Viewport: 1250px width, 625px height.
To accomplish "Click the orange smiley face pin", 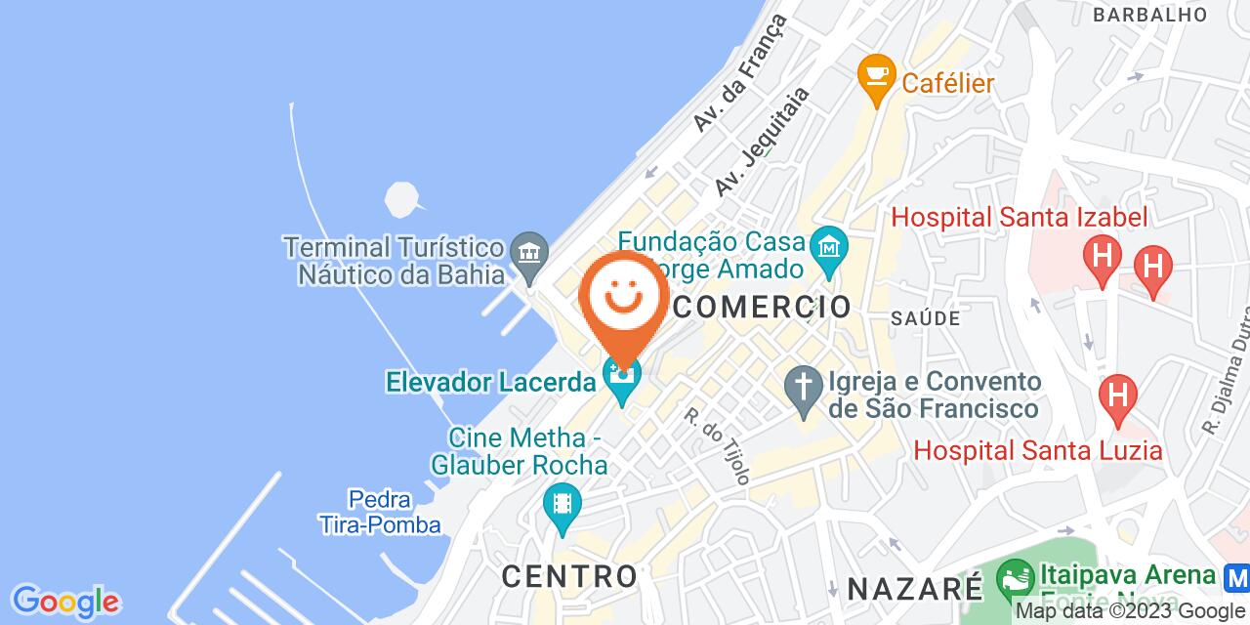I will [x=622, y=298].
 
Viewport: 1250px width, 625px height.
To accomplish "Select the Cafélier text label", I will [x=947, y=83].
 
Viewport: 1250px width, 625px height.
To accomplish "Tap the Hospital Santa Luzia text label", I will [x=1037, y=450].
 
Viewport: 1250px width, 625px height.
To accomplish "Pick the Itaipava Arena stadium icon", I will [x=1016, y=580].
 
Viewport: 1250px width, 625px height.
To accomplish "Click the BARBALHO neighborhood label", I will [x=1150, y=15].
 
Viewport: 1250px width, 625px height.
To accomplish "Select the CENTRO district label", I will [x=569, y=575].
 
